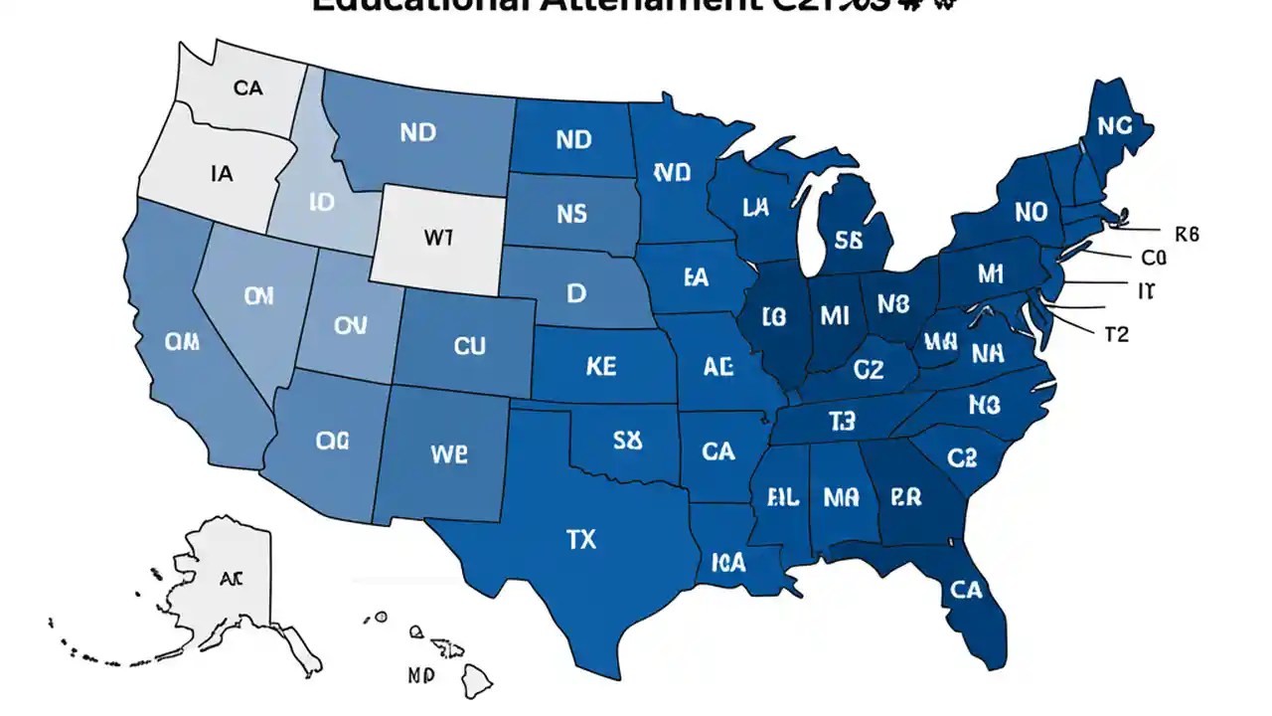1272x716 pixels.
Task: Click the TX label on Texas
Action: click(581, 540)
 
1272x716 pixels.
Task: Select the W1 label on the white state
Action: click(438, 239)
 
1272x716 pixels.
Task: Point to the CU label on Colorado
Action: click(469, 346)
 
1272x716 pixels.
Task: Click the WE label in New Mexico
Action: click(448, 453)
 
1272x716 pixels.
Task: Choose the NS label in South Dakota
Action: click(572, 214)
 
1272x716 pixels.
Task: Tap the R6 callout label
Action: click(1187, 235)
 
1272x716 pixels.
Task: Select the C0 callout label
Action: click(1153, 259)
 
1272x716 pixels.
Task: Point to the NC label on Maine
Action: click(1114, 125)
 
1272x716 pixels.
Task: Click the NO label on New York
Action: click(1031, 212)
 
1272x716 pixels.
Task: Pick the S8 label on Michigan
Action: click(848, 240)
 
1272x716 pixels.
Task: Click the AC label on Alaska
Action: click(231, 577)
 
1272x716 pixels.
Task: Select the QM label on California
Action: click(182, 343)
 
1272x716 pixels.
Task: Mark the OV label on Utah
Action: click(350, 325)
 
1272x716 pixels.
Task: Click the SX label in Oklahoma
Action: click(627, 441)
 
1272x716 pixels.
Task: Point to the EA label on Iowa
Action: click(696, 277)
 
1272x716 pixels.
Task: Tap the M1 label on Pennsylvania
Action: click(991, 273)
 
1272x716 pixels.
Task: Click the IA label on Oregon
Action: click(222, 174)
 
